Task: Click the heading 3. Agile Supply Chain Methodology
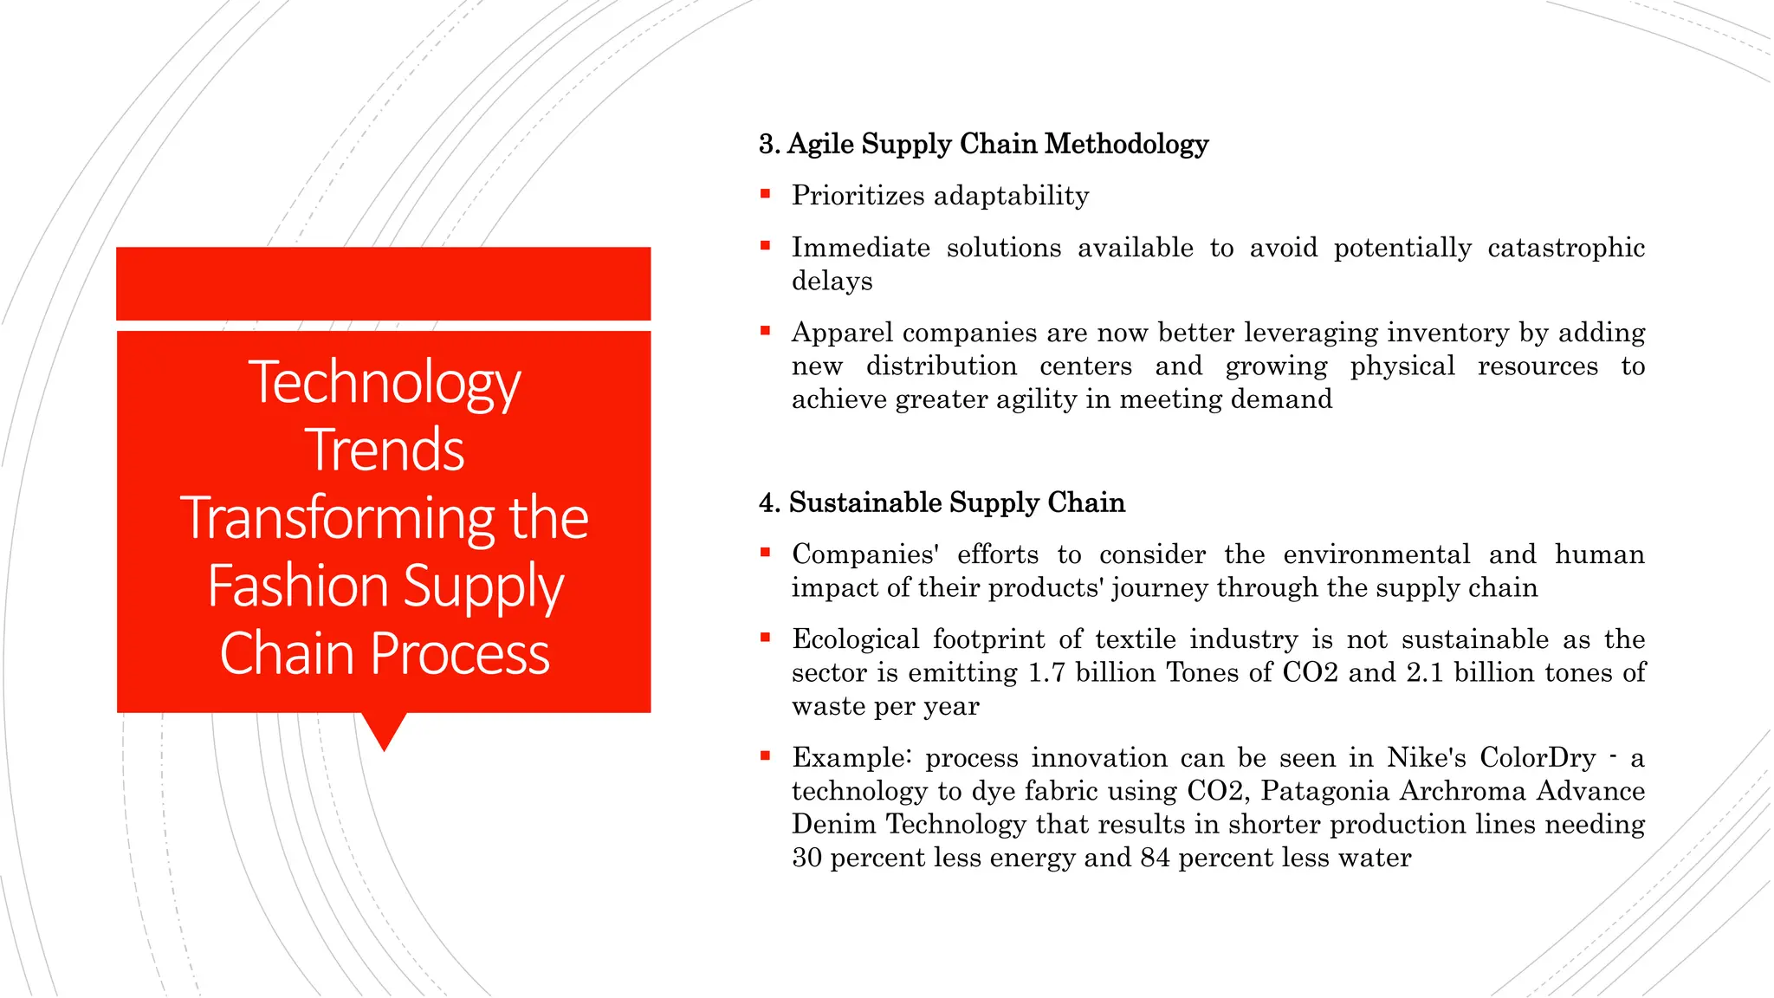pos(983,144)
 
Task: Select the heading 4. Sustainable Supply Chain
pos(942,502)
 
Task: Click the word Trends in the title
pos(385,450)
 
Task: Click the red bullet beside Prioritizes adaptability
pos(765,194)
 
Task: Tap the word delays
pos(832,281)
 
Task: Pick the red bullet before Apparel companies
pos(765,331)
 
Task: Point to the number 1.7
pos(1046,672)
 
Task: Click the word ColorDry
pos(1537,757)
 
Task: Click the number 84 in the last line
pos(1155,858)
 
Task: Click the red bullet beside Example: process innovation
pos(765,756)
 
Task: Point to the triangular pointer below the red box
pos(384,729)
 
